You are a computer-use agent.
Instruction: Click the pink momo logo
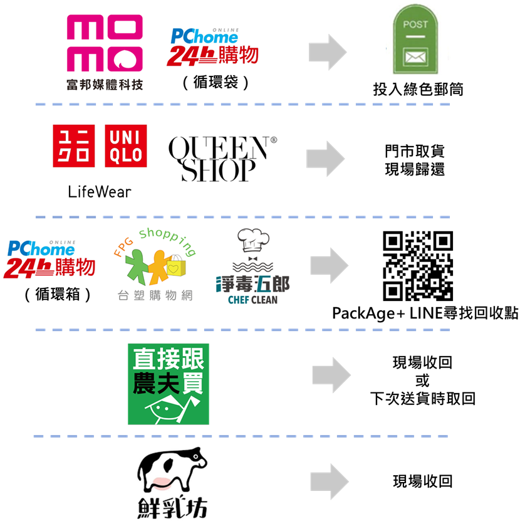point(105,45)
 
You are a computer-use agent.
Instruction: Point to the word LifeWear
point(100,191)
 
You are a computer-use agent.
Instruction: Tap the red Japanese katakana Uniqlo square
point(74,147)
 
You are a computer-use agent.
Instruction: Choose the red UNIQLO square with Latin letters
point(126,147)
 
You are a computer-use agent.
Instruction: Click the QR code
point(417,266)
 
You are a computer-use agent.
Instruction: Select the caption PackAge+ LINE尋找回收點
point(425,313)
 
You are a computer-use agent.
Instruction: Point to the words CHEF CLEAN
point(253,300)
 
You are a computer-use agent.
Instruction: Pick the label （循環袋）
point(216,82)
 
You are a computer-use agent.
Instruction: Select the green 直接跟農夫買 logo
point(168,383)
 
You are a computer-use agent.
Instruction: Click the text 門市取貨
point(415,153)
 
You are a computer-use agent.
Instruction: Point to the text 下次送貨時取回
point(422,397)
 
